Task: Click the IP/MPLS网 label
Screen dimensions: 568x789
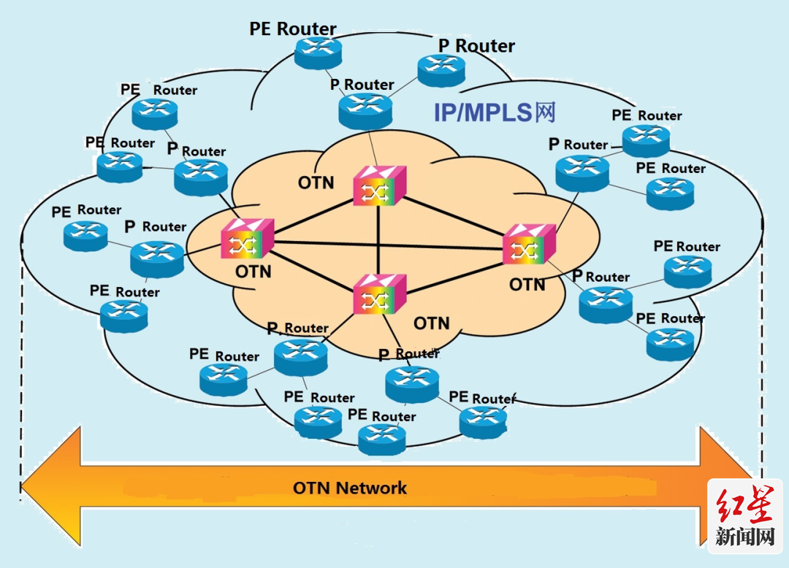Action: [x=495, y=112]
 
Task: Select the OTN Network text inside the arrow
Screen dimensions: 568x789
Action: [x=350, y=488]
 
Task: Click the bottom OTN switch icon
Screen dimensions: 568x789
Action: [x=378, y=294]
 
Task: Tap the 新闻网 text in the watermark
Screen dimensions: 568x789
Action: [x=744, y=537]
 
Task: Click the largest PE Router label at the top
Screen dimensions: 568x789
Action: [x=293, y=29]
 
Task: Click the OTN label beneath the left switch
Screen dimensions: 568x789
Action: [x=254, y=272]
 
